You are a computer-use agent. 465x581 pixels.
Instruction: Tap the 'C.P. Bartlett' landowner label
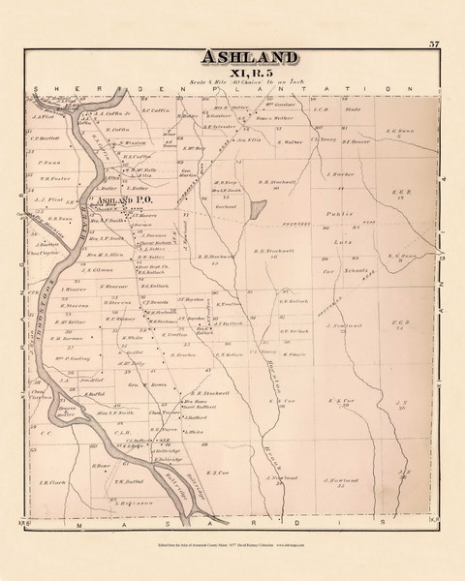tap(47, 137)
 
